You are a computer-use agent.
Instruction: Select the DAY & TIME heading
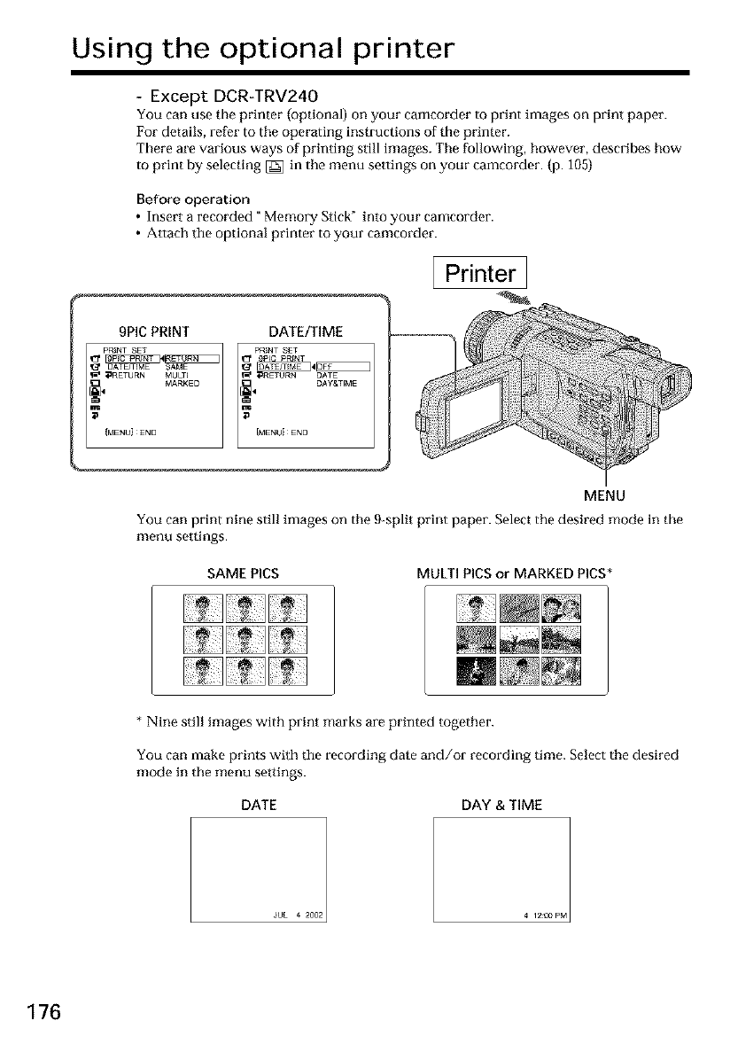(x=501, y=805)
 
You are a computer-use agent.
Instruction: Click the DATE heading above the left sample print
(x=260, y=805)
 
